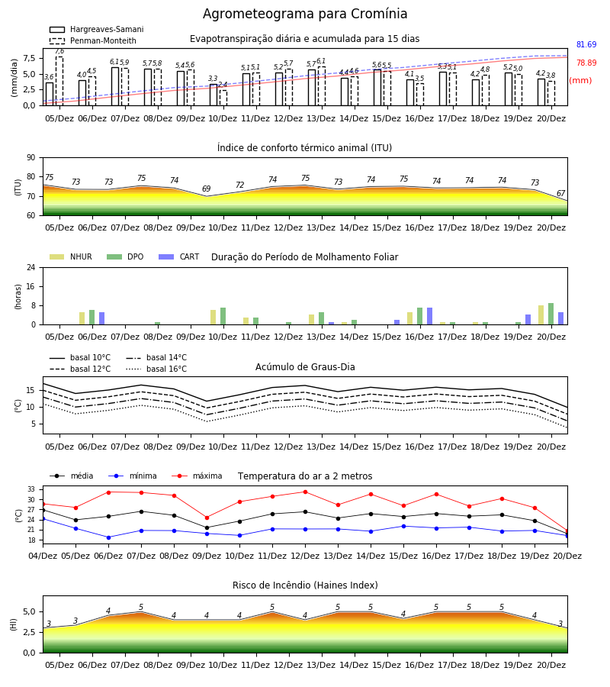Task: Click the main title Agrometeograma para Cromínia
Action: (305, 14)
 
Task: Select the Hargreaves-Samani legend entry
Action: (97, 29)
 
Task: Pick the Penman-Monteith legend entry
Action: (93, 40)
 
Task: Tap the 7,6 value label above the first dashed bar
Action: (59, 51)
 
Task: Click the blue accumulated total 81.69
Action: (586, 45)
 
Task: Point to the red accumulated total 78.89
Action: (586, 63)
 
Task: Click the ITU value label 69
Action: (206, 189)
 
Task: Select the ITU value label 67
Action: (560, 193)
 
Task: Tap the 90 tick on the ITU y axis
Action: (31, 158)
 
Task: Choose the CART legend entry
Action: (179, 256)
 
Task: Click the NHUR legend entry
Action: (71, 256)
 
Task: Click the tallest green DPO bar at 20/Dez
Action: (551, 314)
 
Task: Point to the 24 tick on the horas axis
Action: (31, 267)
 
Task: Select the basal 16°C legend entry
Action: (156, 369)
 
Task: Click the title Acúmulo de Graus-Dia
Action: (305, 367)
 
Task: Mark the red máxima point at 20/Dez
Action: (567, 531)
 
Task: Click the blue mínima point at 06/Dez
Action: (108, 537)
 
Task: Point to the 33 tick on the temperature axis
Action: (31, 489)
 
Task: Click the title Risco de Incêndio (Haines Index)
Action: (305, 585)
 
